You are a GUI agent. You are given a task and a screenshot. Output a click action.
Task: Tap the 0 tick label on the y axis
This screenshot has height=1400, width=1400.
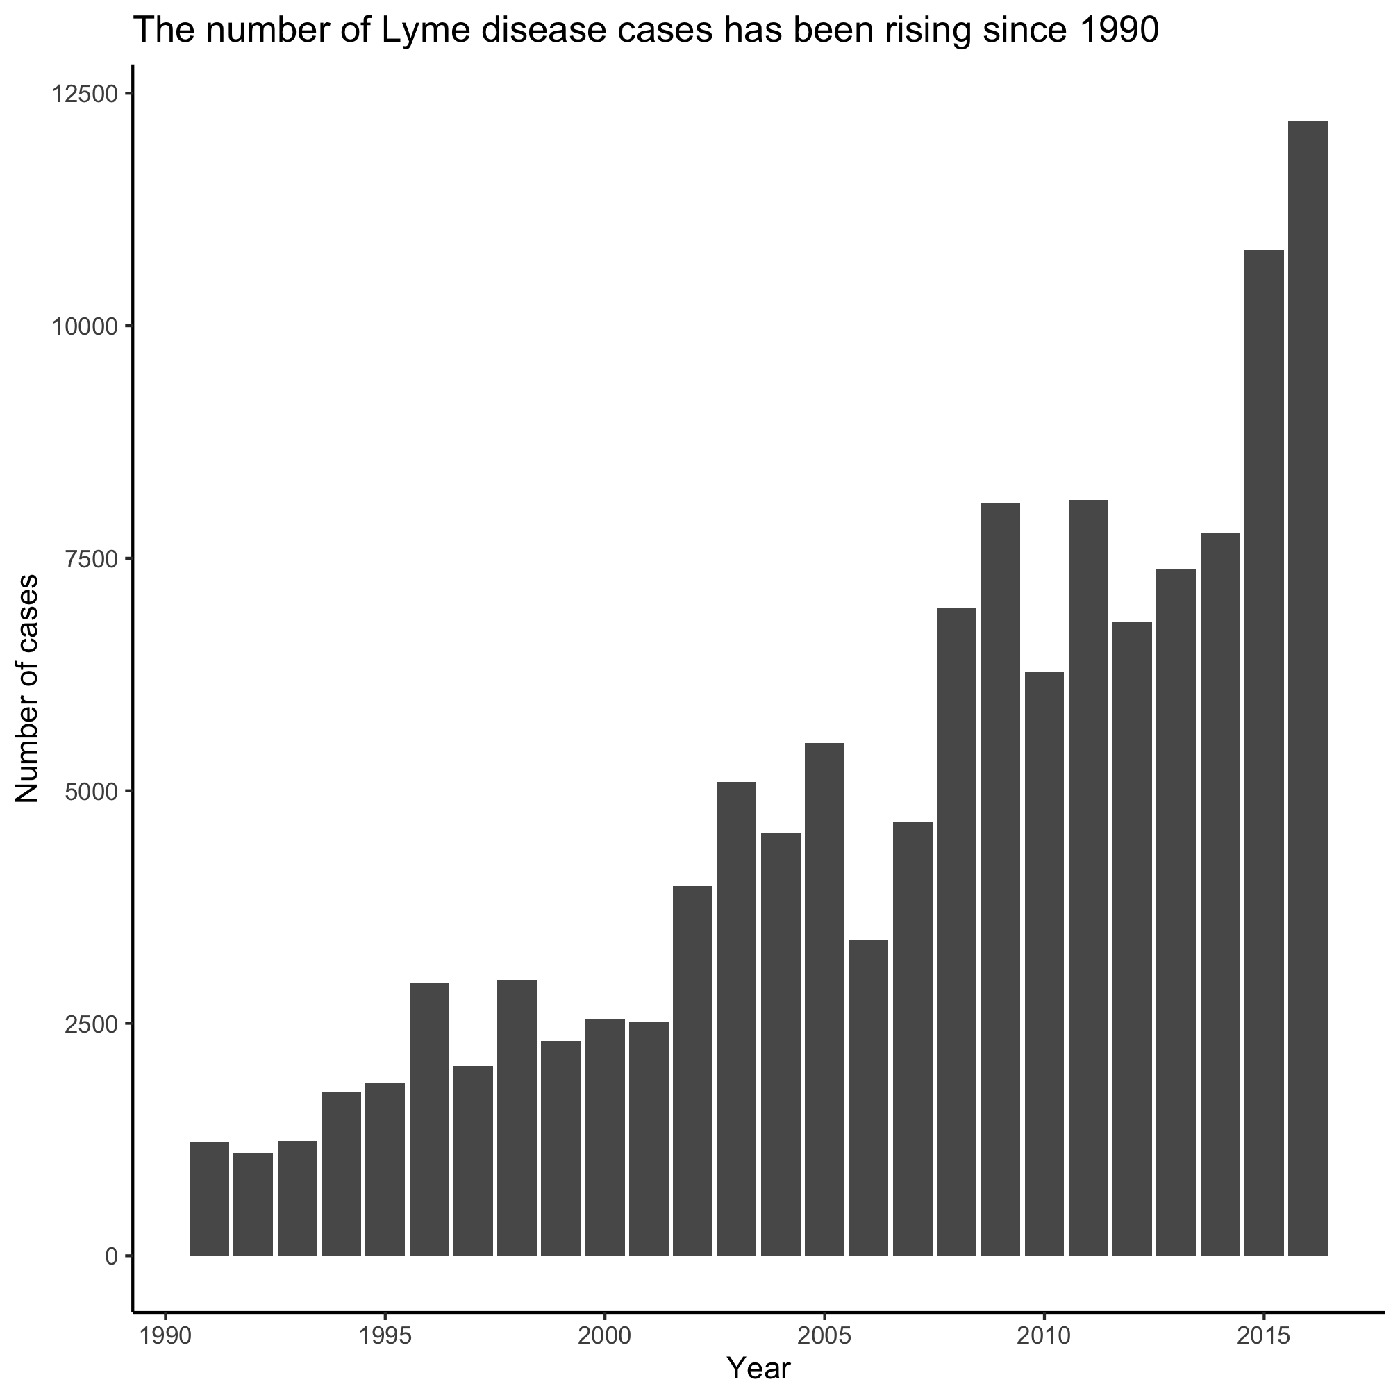pyautogui.click(x=112, y=1256)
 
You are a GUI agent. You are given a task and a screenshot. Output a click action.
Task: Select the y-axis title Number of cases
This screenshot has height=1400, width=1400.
pyautogui.click(x=28, y=689)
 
